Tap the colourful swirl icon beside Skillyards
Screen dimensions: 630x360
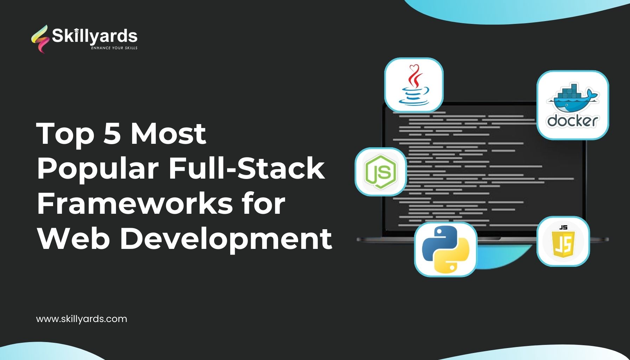click(40, 39)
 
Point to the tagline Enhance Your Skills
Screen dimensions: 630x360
click(114, 48)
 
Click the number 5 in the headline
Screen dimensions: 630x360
click(112, 134)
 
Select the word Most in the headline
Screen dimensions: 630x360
click(168, 134)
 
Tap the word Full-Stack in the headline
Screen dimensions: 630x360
click(246, 168)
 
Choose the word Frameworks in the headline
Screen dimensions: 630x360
click(135, 204)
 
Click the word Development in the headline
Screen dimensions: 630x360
click(226, 239)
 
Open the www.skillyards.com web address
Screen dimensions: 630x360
click(82, 319)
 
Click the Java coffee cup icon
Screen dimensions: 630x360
click(414, 85)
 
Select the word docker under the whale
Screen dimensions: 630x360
click(572, 121)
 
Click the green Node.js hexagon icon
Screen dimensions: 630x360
click(381, 172)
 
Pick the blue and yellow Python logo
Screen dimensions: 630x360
click(446, 249)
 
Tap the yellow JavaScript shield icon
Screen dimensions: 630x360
click(564, 242)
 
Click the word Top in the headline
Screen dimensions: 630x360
click(65, 134)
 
